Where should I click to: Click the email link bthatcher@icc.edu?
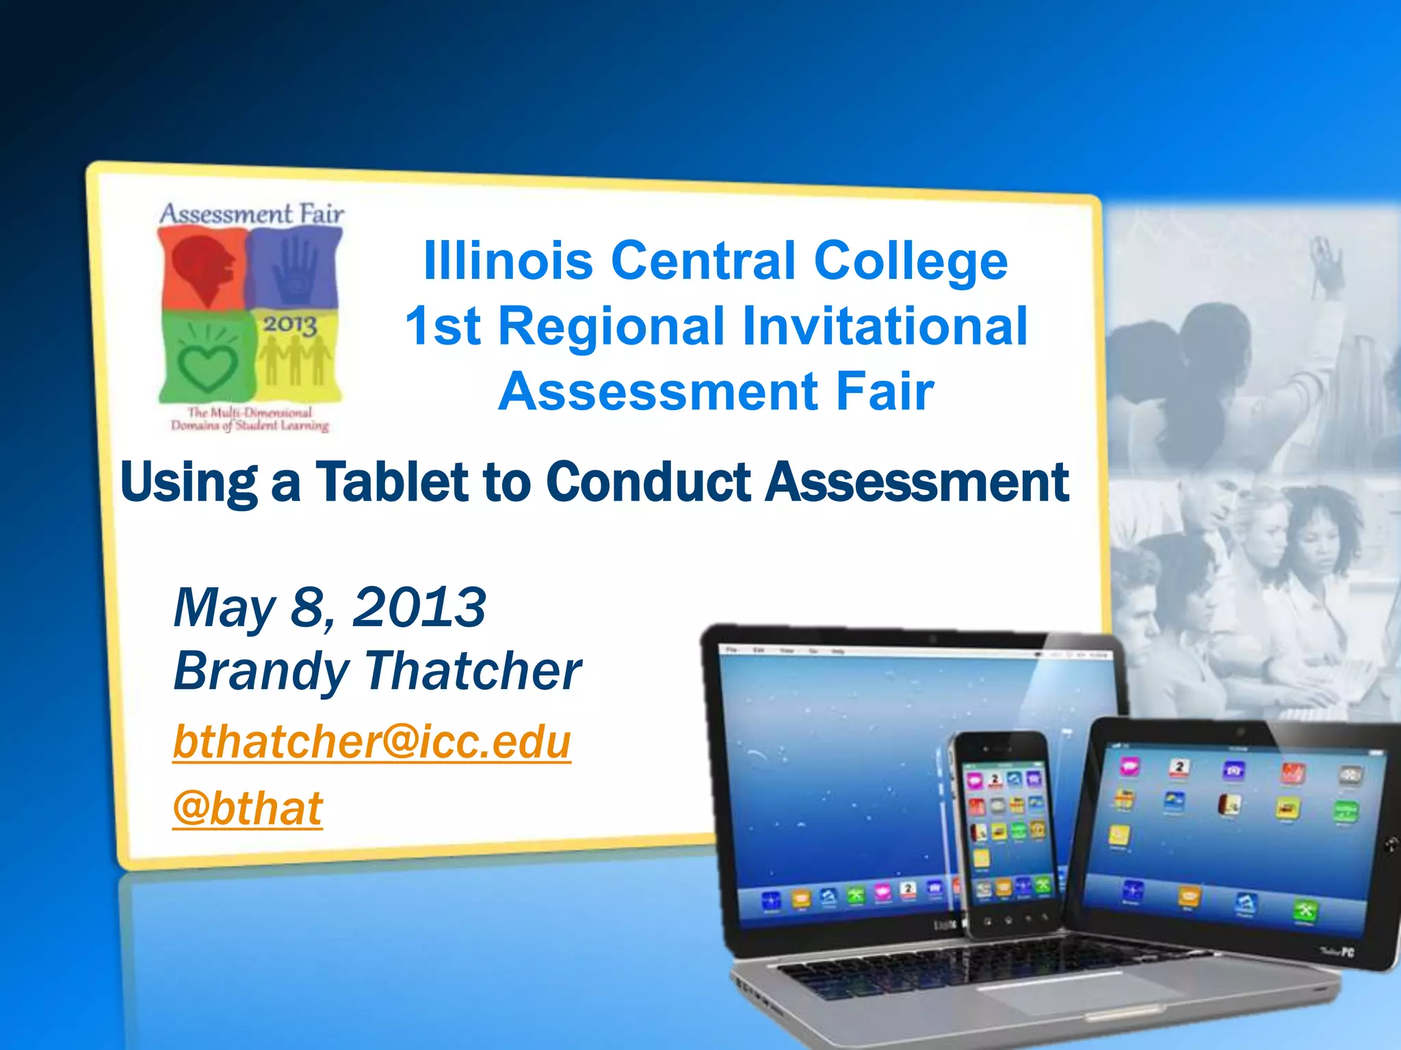[371, 742]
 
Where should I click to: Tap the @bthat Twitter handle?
[248, 809]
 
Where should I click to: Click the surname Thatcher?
[473, 671]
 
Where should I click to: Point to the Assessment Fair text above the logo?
[252, 214]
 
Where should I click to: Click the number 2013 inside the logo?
[291, 324]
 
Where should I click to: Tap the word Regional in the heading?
[611, 326]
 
